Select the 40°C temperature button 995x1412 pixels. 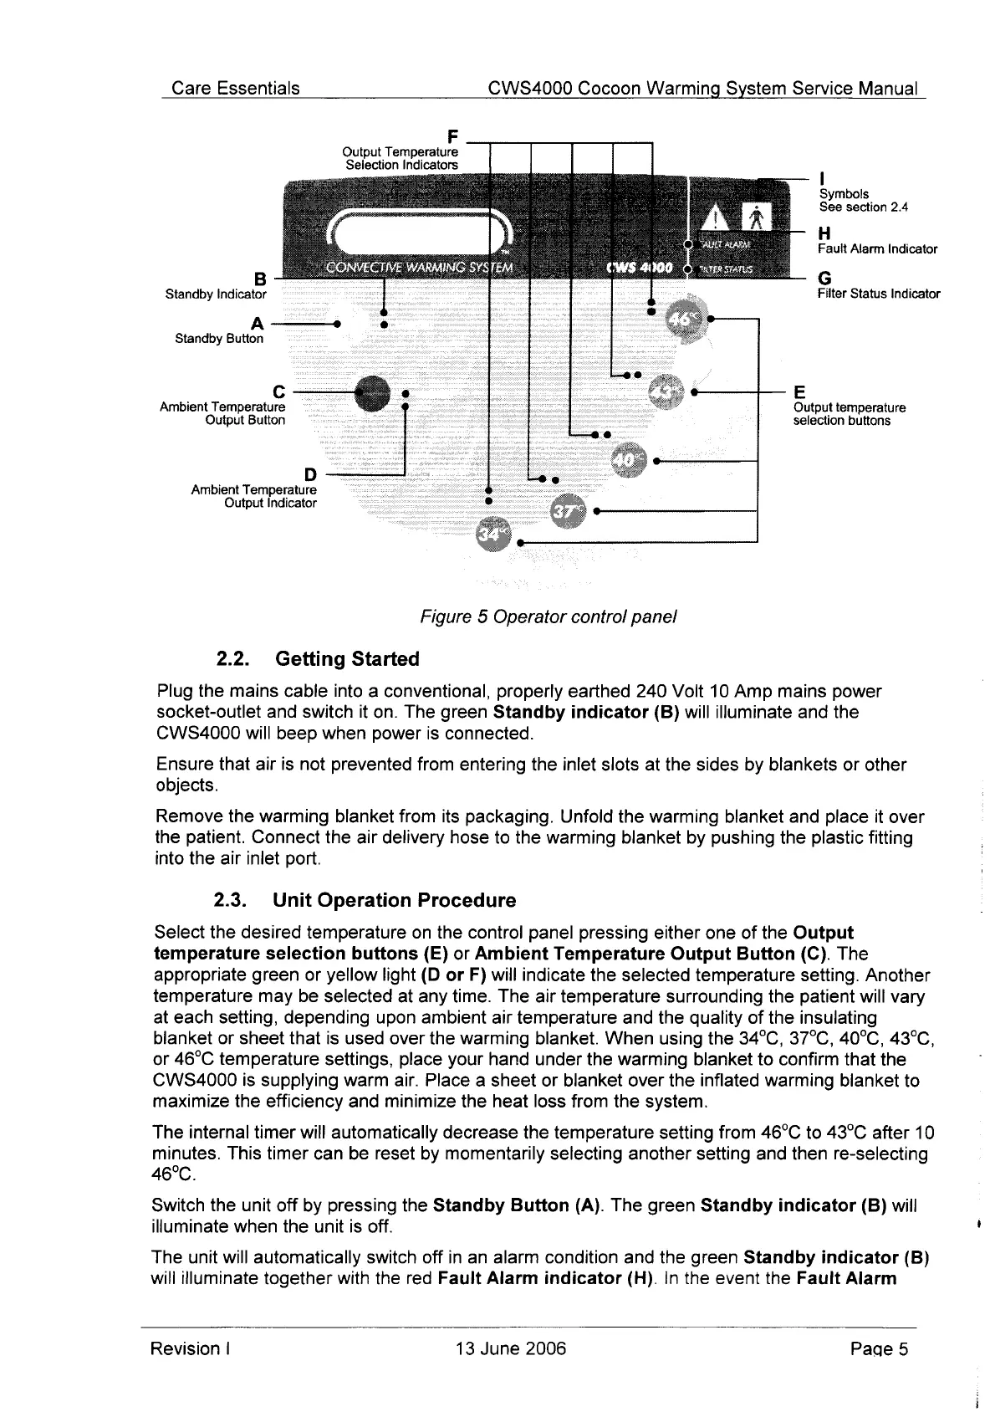[x=629, y=460]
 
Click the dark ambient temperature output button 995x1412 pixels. [x=372, y=392]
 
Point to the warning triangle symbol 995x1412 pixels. [x=717, y=219]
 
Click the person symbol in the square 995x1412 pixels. [x=756, y=218]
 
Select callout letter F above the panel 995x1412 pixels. [x=453, y=136]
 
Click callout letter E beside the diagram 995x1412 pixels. [x=799, y=392]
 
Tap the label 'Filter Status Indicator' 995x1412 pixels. [x=878, y=294]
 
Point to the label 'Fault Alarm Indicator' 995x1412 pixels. [x=877, y=249]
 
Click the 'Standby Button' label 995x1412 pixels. [x=218, y=339]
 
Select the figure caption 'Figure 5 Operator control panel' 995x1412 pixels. [x=548, y=617]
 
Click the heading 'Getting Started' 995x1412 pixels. [x=346, y=659]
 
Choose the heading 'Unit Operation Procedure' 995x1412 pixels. [x=394, y=900]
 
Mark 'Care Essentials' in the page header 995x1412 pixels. [x=235, y=89]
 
